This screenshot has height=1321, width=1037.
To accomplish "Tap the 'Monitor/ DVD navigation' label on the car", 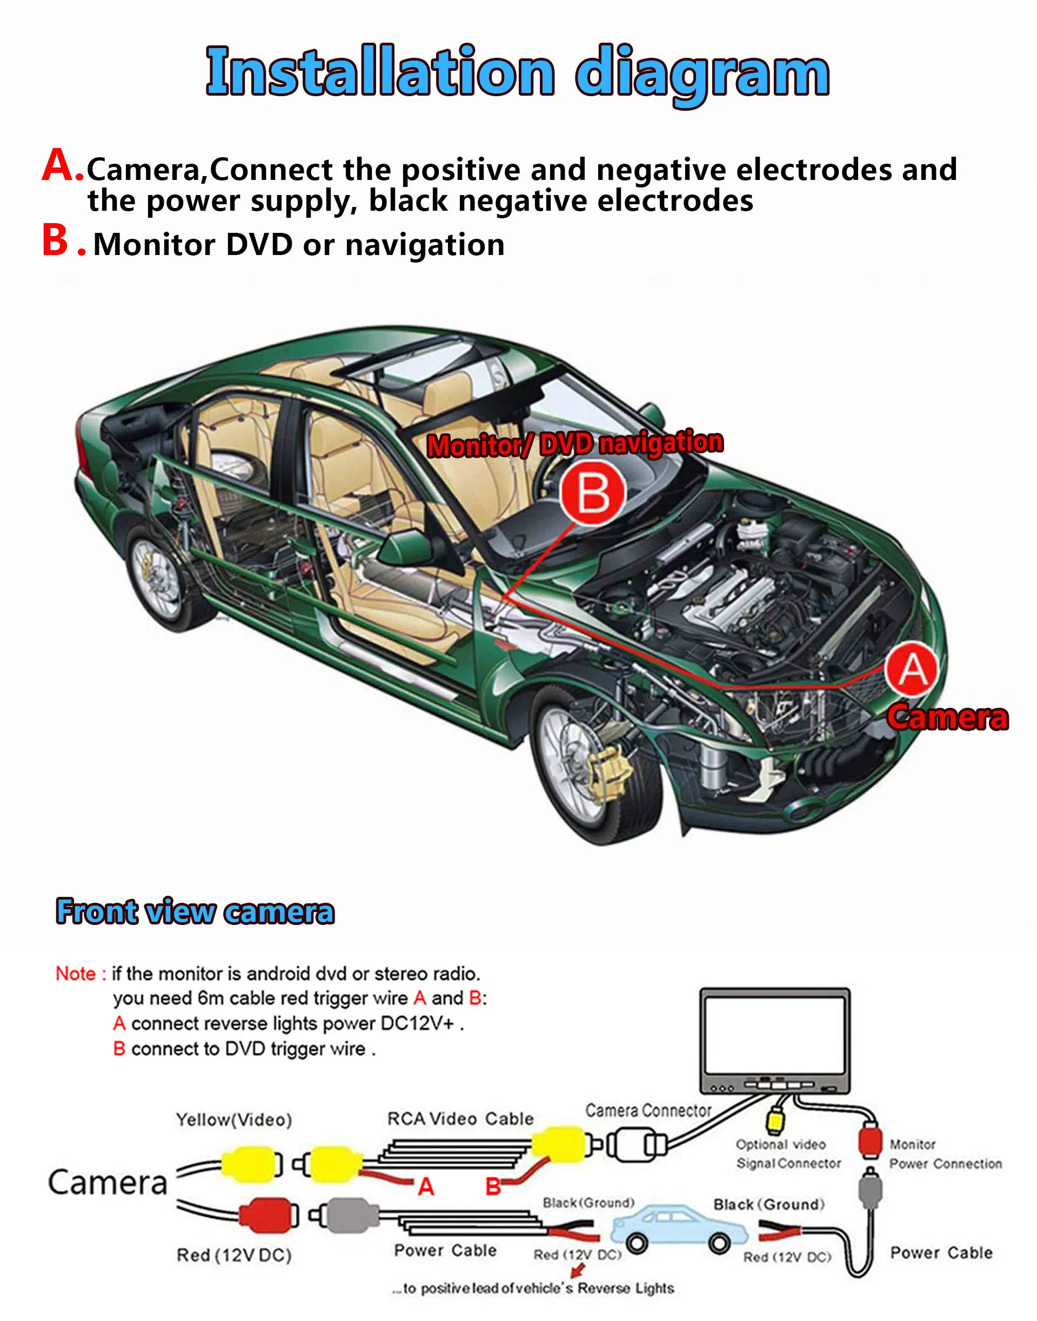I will (x=575, y=444).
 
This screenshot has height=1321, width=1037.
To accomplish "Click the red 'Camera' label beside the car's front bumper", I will (x=947, y=718).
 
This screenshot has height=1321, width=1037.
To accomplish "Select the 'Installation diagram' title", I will (x=518, y=72).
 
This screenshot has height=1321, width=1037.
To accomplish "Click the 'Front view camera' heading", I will (x=195, y=911).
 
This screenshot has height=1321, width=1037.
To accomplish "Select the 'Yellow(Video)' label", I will (x=234, y=1120).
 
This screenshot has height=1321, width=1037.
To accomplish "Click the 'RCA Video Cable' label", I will (x=460, y=1119).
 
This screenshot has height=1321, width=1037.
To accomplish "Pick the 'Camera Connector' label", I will (x=648, y=1111).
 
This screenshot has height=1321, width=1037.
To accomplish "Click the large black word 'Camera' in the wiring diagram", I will (x=108, y=1183).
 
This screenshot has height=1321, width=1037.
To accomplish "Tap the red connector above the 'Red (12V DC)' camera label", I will (x=266, y=1214).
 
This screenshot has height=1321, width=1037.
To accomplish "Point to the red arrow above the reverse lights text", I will (x=579, y=1269).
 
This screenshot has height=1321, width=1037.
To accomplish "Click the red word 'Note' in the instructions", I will (x=76, y=974).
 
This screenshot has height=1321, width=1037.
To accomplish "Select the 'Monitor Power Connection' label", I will (x=944, y=1154).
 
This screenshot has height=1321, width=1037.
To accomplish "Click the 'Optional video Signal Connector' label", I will (x=787, y=1154).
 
